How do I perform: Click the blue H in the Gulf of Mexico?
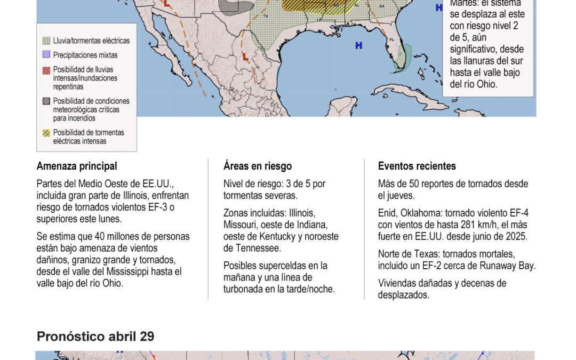(359, 46)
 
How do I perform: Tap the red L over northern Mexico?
(245, 56)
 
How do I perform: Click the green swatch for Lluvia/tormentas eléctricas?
(46, 41)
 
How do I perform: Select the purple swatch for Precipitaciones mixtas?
(46, 54)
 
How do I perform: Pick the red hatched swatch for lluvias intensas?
(46, 70)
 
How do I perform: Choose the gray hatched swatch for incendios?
(46, 101)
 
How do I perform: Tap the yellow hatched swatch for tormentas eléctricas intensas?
(46, 132)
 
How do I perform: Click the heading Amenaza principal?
(77, 166)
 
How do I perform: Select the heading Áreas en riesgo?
(258, 166)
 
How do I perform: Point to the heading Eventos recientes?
(417, 166)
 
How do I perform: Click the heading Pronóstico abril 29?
(95, 337)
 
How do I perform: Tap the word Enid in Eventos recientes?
(387, 213)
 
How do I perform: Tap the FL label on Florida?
(392, 40)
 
